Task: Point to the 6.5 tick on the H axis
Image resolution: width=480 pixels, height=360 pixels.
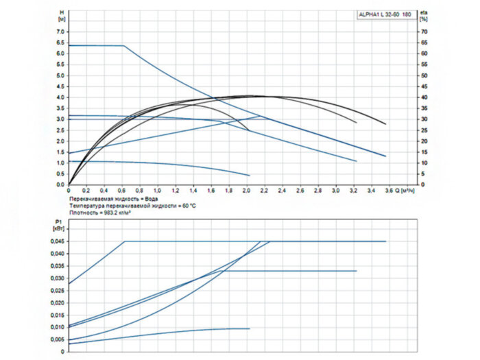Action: click(60, 43)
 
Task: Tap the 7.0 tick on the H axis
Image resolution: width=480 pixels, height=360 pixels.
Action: click(60, 32)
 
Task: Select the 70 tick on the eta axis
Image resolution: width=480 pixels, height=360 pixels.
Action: click(423, 32)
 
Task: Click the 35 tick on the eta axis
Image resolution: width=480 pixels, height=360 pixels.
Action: click(423, 108)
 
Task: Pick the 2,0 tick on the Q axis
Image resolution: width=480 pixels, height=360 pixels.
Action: click(247, 190)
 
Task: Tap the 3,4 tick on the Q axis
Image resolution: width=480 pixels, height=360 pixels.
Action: click(371, 190)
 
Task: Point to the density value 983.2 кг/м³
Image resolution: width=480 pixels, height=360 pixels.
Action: click(115, 213)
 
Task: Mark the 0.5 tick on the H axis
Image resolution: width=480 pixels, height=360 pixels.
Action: click(60, 174)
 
